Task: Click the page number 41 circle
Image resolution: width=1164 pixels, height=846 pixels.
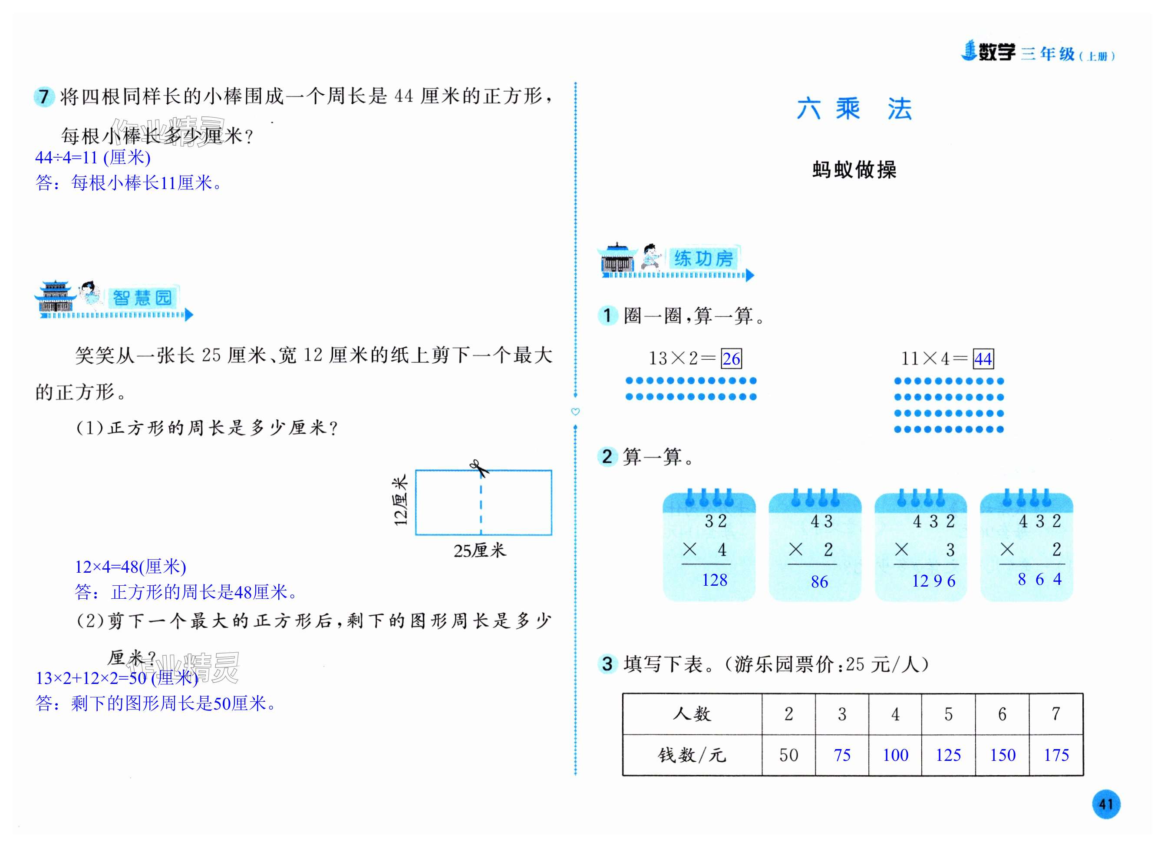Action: [x=1105, y=804]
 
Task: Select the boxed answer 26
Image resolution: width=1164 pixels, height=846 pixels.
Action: [x=731, y=358]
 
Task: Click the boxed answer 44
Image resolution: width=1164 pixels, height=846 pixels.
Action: [x=983, y=358]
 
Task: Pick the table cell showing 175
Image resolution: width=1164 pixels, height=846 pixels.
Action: [x=1056, y=755]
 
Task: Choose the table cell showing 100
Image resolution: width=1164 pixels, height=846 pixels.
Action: [x=895, y=755]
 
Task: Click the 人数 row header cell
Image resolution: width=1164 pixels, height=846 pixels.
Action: [x=692, y=713]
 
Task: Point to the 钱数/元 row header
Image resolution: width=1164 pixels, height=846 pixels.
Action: [x=692, y=755]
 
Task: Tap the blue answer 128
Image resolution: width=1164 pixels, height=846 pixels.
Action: [x=714, y=580]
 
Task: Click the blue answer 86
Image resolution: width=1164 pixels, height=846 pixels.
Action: [x=819, y=581]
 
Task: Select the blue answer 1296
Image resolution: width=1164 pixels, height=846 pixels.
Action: [x=933, y=581]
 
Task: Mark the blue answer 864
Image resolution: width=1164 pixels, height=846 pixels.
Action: [x=1039, y=579]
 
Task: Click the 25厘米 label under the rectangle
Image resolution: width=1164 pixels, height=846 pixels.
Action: [x=479, y=551]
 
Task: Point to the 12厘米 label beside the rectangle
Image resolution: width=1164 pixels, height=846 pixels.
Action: [x=400, y=500]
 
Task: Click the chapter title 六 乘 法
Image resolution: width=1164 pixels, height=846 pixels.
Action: [x=854, y=109]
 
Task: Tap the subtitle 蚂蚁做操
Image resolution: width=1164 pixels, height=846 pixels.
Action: [x=854, y=169]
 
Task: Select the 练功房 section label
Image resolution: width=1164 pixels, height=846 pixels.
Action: [x=703, y=259]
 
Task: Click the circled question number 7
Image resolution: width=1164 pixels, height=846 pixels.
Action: [x=44, y=96]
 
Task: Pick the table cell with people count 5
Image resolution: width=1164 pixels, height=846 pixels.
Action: [x=948, y=713]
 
